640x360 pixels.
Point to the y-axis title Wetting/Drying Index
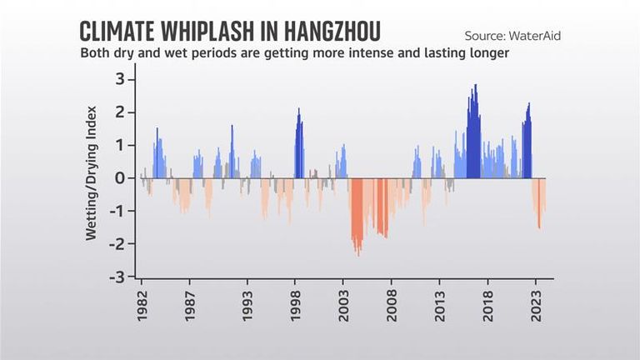[x=92, y=172]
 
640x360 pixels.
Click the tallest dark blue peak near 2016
[x=475, y=87]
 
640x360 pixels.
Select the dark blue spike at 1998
[x=299, y=111]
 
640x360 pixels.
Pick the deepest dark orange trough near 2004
[x=358, y=252]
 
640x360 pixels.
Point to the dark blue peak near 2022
[x=528, y=106]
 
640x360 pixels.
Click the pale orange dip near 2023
[x=539, y=225]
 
